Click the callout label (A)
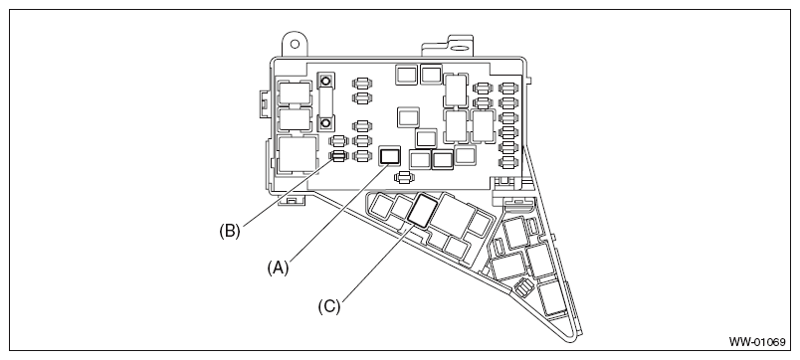tap(278, 268)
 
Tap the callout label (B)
tap(230, 231)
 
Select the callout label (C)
tap(329, 306)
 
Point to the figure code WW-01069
tap(757, 342)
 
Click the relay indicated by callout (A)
tap(390, 156)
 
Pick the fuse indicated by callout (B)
tap(338, 156)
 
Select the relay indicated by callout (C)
tap(422, 210)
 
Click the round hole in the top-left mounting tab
tap(295, 44)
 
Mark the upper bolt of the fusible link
tap(325, 81)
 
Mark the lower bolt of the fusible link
tap(325, 123)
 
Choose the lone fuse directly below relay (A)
tap(404, 177)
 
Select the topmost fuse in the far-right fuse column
tap(508, 89)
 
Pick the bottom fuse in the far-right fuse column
tap(508, 163)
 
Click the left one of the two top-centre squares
tap(407, 75)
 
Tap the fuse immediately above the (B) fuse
tap(338, 141)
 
